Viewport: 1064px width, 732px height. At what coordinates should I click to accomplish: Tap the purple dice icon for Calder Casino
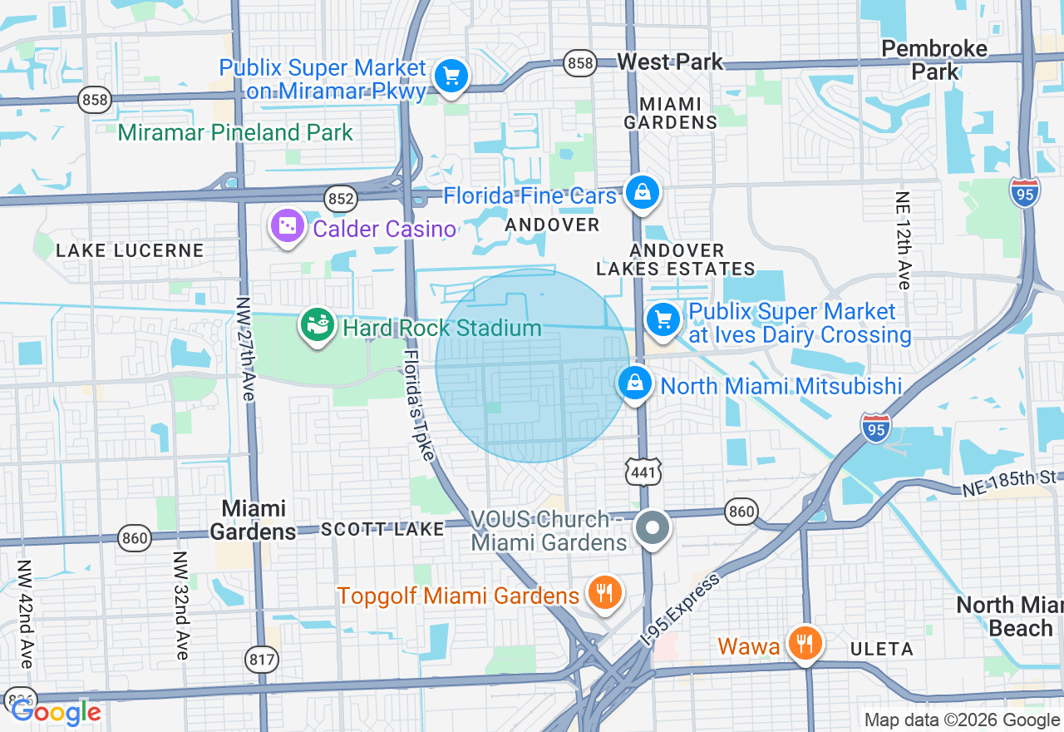tap(287, 225)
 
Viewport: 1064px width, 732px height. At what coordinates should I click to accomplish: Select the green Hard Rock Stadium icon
tap(317, 325)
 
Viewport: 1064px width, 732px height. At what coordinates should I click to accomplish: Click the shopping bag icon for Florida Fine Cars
tap(643, 193)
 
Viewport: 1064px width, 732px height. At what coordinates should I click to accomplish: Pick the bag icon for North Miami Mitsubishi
tap(635, 383)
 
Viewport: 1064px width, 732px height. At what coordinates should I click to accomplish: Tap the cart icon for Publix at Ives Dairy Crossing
tap(663, 319)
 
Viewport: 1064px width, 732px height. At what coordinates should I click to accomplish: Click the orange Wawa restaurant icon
tap(804, 643)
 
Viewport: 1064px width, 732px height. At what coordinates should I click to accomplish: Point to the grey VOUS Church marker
tap(653, 527)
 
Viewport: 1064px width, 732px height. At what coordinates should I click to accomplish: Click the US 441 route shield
tap(644, 472)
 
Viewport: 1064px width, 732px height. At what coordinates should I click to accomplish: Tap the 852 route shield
tap(341, 199)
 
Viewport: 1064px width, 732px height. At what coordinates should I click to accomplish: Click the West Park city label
tap(670, 62)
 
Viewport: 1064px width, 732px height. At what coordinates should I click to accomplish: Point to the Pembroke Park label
tap(934, 60)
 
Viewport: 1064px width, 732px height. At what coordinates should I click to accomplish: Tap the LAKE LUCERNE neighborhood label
tap(130, 250)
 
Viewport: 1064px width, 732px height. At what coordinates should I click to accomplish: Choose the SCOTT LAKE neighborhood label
tap(382, 529)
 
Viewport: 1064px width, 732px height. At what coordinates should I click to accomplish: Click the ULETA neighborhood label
tap(881, 649)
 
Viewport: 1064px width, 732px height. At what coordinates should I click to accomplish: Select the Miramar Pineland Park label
tap(235, 132)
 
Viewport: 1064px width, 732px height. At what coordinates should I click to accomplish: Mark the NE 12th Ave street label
tap(904, 240)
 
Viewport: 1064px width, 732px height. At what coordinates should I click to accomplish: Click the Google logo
tap(56, 712)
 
